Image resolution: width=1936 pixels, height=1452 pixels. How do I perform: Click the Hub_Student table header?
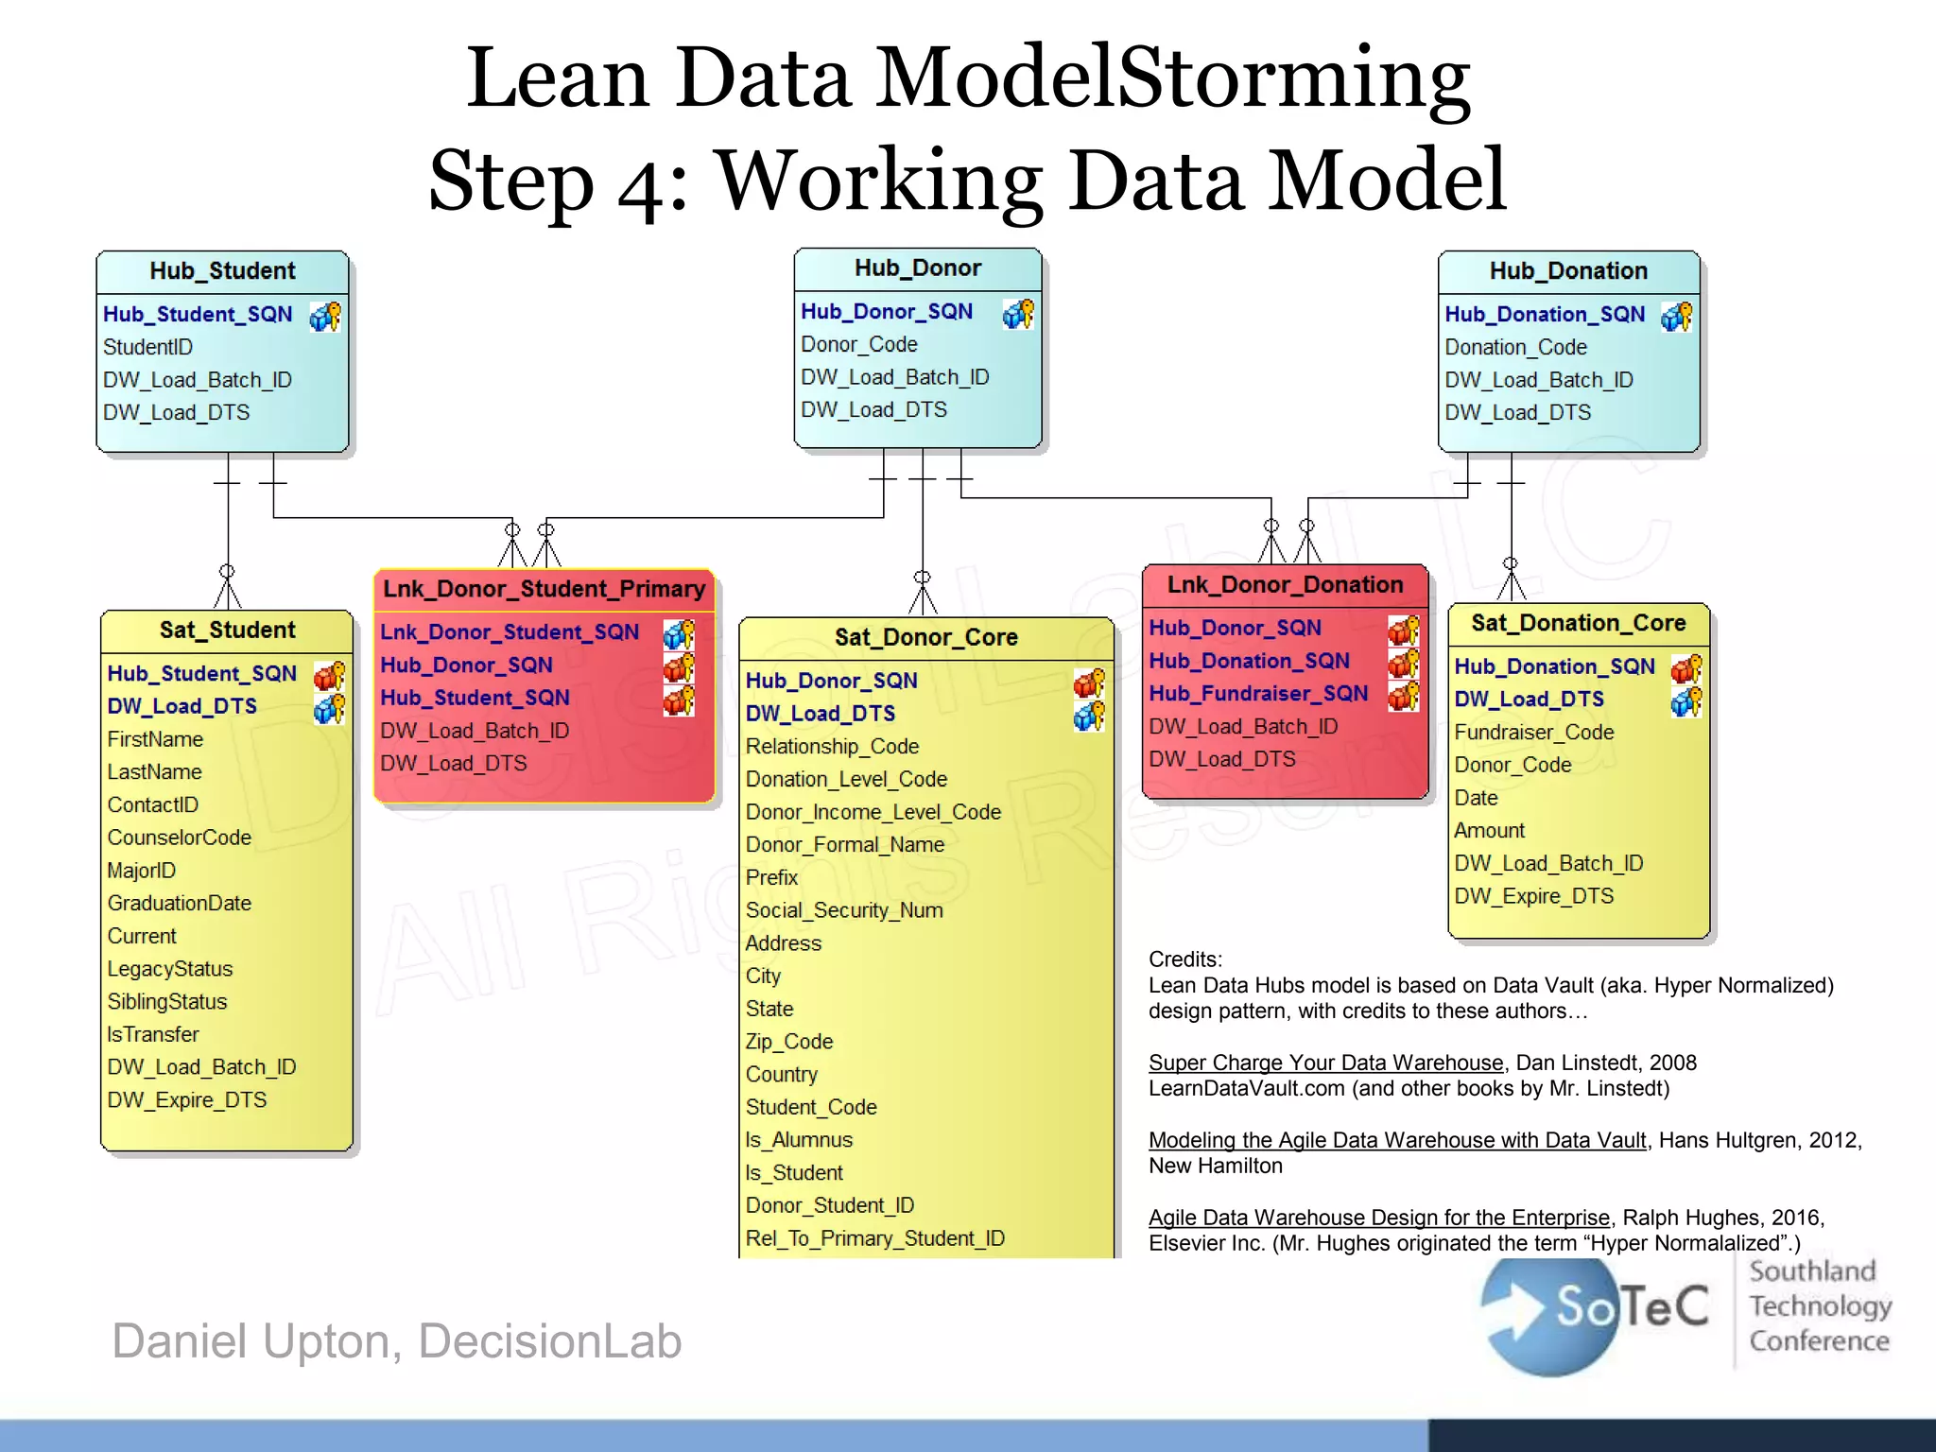222,271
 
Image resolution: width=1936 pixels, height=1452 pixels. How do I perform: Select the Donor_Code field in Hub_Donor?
858,344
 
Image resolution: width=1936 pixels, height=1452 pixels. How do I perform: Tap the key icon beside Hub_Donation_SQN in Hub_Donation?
1676,317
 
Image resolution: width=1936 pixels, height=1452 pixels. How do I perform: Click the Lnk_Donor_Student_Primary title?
544,589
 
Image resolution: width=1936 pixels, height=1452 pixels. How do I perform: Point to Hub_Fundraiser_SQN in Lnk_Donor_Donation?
1257,693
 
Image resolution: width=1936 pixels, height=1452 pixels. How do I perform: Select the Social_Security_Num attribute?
843,910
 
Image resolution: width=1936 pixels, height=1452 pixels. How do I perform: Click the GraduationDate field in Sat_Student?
179,903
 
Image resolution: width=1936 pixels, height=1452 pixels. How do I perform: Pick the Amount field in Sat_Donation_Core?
1489,830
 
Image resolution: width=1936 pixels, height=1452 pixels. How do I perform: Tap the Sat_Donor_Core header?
925,637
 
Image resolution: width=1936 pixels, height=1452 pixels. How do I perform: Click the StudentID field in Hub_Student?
147,347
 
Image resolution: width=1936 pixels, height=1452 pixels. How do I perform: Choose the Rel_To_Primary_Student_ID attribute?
874,1238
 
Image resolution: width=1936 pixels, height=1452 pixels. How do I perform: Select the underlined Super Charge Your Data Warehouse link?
1325,1063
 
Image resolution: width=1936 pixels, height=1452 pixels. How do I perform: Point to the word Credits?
1184,959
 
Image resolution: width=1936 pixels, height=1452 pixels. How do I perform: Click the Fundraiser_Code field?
1533,732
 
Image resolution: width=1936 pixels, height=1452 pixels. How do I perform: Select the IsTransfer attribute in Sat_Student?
153,1034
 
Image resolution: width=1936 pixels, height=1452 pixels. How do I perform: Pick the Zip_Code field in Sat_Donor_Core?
788,1042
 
